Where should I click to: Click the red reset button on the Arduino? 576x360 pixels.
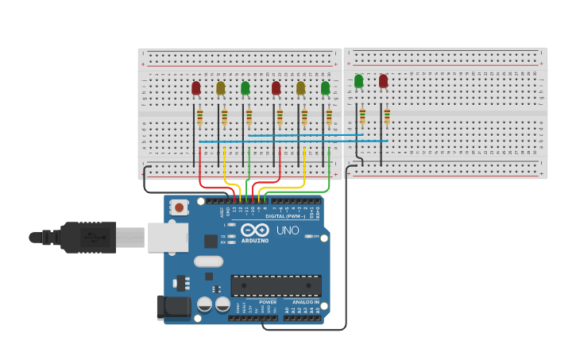tap(180, 207)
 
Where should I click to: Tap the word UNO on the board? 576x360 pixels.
tap(288, 230)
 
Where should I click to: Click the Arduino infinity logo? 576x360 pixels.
tap(255, 230)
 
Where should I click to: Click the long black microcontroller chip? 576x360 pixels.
tap(276, 285)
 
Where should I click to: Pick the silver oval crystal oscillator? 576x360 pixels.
tap(208, 261)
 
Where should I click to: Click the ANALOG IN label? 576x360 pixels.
tap(305, 302)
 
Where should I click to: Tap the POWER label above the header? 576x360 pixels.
tap(268, 302)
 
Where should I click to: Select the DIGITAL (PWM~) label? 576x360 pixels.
tap(284, 216)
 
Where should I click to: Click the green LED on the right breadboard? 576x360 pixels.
tap(359, 81)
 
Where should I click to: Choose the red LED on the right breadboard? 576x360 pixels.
tap(384, 81)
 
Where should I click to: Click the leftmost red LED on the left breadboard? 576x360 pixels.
tap(196, 87)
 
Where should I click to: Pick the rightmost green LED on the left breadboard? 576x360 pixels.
tap(325, 87)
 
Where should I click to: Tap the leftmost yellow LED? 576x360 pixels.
tap(221, 87)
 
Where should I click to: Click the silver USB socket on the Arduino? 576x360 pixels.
tap(168, 237)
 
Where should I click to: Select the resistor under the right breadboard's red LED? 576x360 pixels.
tap(387, 116)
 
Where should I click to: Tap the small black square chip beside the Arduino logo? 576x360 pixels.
tap(211, 241)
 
